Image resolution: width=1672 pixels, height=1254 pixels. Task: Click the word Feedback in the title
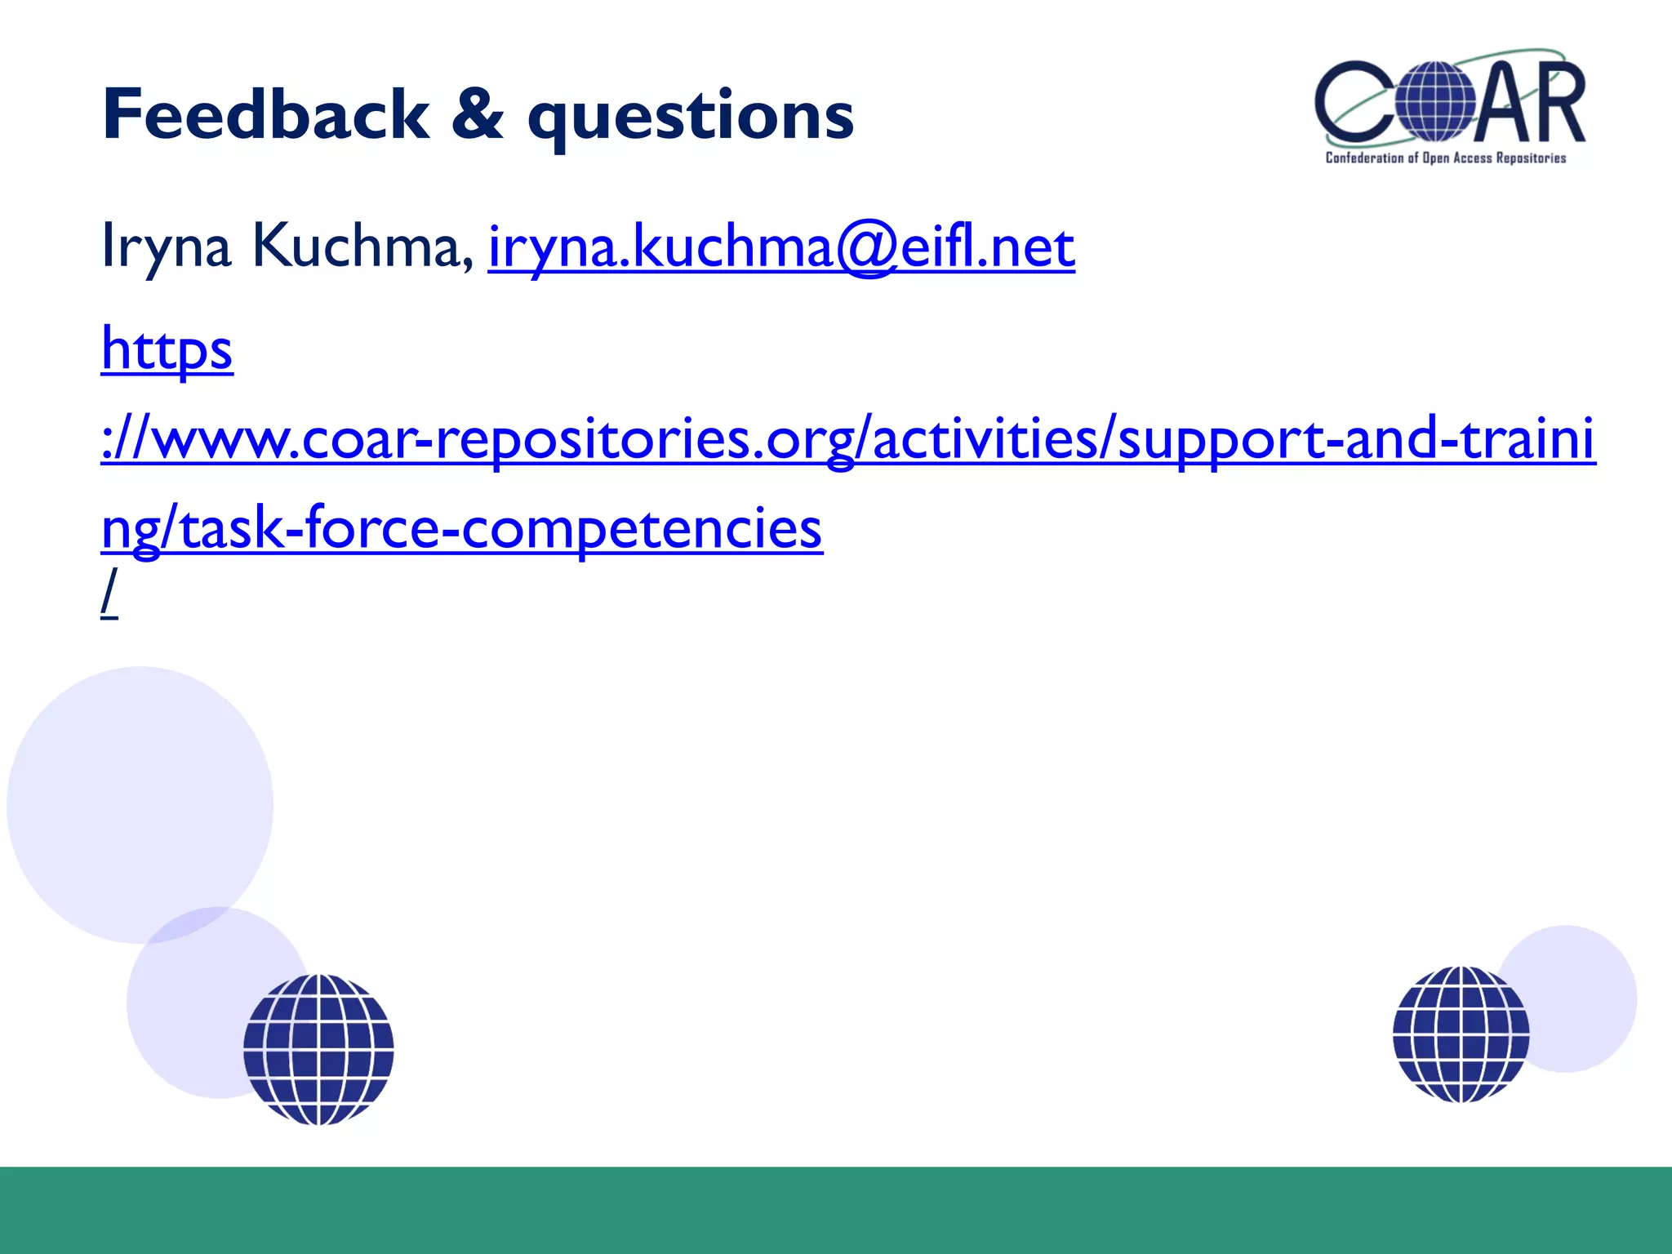(x=265, y=115)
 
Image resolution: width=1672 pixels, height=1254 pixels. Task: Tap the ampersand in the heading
(x=477, y=115)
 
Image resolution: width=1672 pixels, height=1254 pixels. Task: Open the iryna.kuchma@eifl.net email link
(x=780, y=247)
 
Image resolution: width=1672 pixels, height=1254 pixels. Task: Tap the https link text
(x=167, y=349)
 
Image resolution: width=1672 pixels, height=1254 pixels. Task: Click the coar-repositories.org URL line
(x=847, y=439)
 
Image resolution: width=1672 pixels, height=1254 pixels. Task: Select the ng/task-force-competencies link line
(x=461, y=529)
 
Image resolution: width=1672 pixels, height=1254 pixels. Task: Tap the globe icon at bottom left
(x=318, y=1049)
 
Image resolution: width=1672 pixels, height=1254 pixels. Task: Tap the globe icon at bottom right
(x=1461, y=1034)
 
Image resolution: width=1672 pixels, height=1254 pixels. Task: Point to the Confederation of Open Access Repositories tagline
(x=1445, y=158)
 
